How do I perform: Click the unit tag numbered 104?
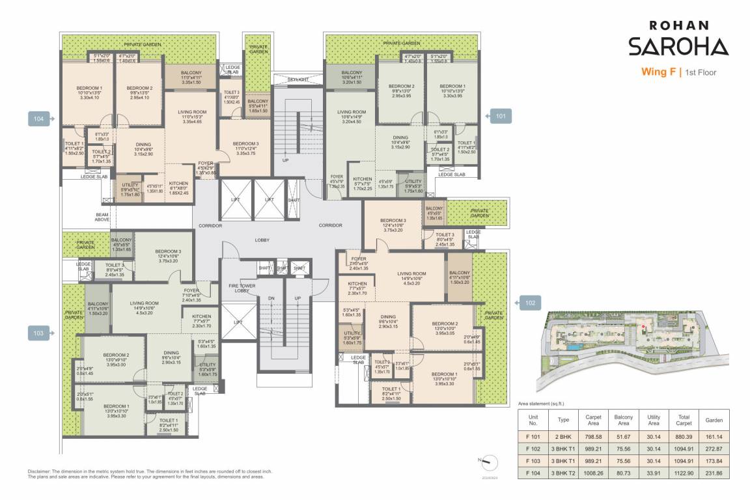(x=39, y=118)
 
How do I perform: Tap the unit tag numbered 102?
(x=528, y=302)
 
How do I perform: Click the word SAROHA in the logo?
(x=678, y=46)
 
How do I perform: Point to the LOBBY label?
(x=262, y=240)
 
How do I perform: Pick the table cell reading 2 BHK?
(x=564, y=436)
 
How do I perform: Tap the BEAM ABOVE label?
(x=102, y=217)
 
